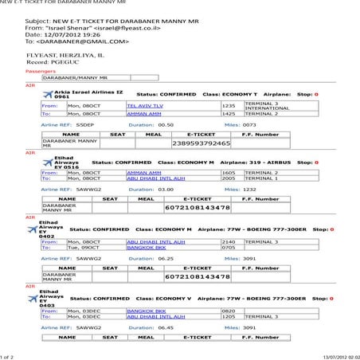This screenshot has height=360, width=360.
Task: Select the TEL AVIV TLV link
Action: coord(145,105)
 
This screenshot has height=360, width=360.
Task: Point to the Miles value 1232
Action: coord(249,190)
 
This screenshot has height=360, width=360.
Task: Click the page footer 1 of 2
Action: coord(10,355)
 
